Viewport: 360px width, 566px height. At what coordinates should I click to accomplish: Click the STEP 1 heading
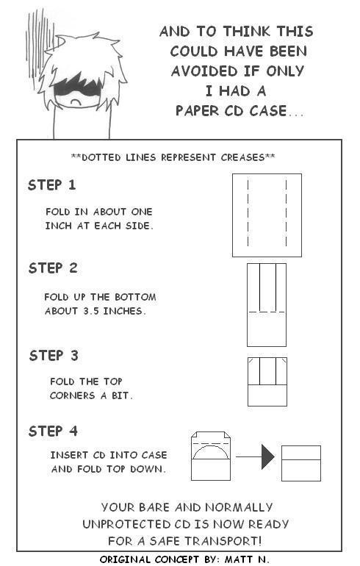(52, 185)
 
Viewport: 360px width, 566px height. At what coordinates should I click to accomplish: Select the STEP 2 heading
(53, 268)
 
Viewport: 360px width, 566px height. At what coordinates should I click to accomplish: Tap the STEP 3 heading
(54, 356)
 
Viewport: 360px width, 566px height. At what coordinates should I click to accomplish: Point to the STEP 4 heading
(53, 431)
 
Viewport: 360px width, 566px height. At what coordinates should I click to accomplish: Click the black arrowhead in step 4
(267, 457)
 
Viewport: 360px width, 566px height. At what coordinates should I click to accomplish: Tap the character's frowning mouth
(76, 102)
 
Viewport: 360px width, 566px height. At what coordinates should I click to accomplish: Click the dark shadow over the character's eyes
(77, 87)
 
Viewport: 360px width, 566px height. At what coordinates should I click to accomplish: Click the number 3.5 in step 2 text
(91, 311)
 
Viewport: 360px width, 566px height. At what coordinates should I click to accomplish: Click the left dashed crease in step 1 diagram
(248, 213)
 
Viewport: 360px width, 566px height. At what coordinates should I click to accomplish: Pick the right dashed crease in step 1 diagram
(286, 213)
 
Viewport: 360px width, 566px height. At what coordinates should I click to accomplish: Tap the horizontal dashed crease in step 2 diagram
(267, 312)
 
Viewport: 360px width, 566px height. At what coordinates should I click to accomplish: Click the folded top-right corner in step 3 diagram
(284, 360)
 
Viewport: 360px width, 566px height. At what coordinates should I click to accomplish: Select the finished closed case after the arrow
(300, 464)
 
